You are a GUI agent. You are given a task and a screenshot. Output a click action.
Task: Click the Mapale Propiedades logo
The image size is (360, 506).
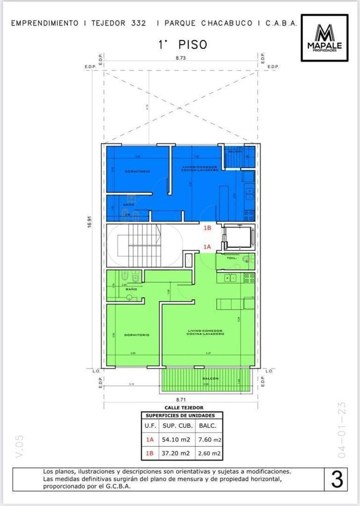click(324, 38)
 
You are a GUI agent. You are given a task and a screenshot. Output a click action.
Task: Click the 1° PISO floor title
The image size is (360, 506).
click(183, 45)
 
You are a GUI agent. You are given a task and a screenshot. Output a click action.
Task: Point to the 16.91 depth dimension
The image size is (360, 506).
click(89, 223)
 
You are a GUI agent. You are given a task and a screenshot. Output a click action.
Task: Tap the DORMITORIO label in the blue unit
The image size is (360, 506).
click(137, 171)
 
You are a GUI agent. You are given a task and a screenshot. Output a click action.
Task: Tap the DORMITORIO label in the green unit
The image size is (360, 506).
click(136, 335)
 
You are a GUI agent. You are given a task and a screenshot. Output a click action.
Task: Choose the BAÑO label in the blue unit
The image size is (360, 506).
click(129, 205)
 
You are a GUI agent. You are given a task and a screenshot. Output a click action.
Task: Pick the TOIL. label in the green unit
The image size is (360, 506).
click(232, 258)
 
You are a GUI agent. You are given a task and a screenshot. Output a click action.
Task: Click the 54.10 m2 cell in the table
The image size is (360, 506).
click(176, 440)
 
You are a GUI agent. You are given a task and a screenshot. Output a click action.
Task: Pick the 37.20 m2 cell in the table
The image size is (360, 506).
click(176, 454)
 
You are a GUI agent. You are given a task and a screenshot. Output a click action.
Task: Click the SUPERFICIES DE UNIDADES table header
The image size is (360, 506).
click(180, 416)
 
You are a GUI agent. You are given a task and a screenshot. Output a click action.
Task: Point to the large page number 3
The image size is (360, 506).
click(337, 480)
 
